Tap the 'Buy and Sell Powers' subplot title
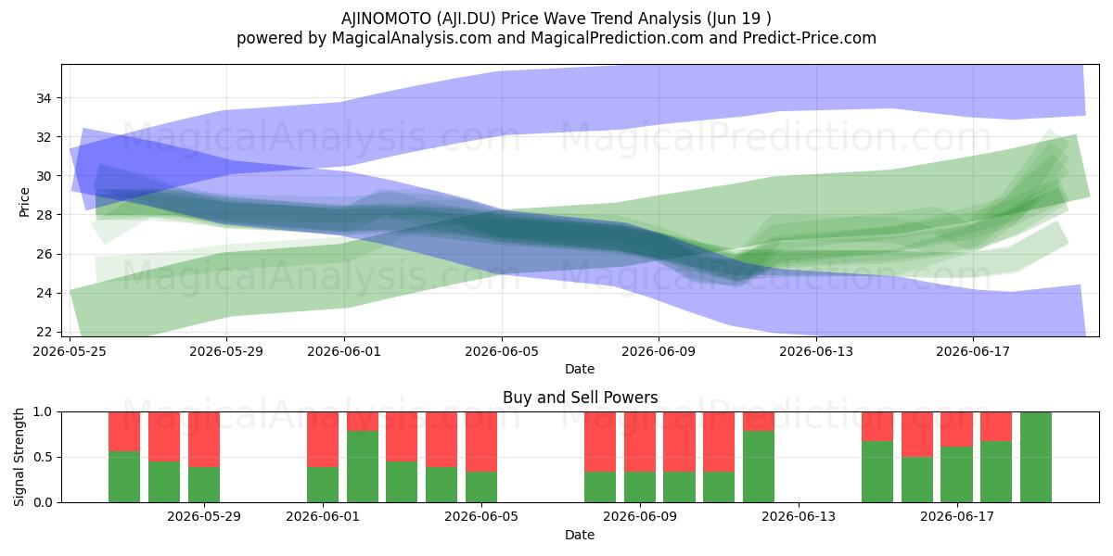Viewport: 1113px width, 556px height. (580, 398)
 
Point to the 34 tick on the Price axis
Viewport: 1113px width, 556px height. (44, 98)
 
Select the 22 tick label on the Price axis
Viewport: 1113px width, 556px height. (44, 332)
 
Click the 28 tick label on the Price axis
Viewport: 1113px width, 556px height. (44, 215)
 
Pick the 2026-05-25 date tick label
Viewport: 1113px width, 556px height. (70, 351)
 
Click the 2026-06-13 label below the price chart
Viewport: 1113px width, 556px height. (816, 351)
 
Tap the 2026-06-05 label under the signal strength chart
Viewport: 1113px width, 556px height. (481, 516)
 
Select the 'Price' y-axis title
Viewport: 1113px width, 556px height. (24, 203)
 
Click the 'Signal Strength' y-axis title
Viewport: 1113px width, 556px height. (19, 457)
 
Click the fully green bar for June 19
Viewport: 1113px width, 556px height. (1036, 457)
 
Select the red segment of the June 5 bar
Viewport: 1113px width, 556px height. (481, 442)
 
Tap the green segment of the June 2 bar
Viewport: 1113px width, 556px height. (363, 467)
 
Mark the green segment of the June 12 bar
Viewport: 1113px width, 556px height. (759, 467)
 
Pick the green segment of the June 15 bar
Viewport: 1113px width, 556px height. (877, 472)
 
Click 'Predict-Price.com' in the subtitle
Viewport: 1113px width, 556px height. (810, 38)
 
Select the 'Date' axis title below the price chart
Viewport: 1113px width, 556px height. (580, 369)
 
